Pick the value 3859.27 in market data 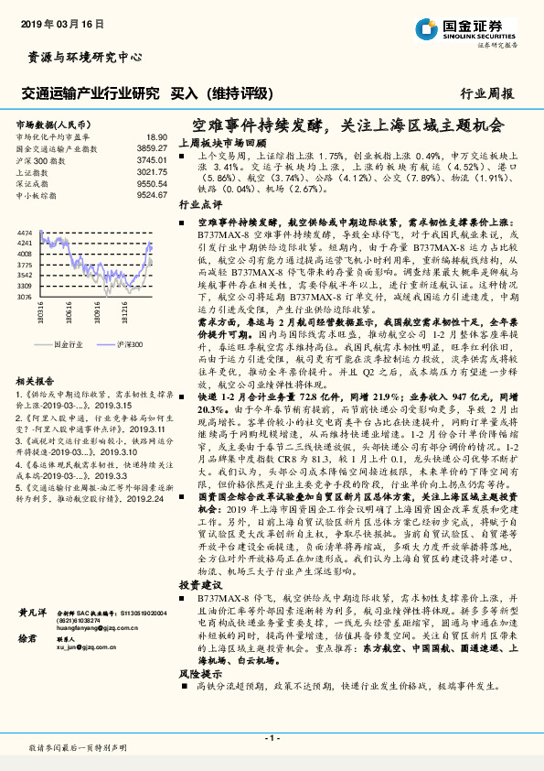[x=152, y=147]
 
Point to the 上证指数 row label [x=34, y=171]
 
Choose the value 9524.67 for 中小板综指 [x=152, y=195]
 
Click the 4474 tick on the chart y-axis [x=25, y=233]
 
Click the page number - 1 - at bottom [x=272, y=737]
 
